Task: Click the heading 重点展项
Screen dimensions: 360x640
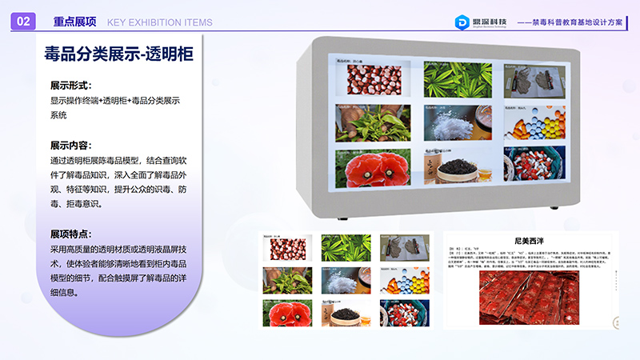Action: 74,22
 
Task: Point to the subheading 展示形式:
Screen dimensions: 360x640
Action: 70,85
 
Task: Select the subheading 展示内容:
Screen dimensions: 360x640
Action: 70,146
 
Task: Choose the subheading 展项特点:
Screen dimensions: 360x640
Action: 70,234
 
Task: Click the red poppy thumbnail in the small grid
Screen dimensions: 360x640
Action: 287,311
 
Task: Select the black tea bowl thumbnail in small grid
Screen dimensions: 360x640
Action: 346,311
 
